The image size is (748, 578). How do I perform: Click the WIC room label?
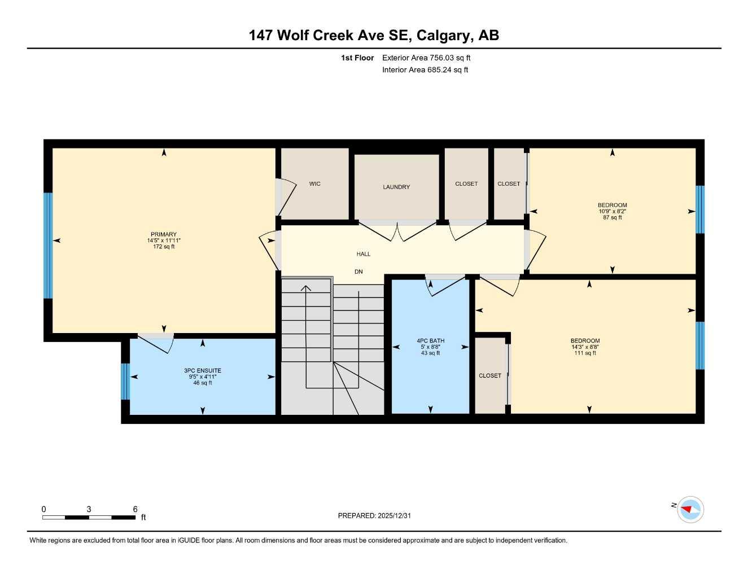(314, 184)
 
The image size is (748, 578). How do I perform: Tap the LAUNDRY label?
(396, 187)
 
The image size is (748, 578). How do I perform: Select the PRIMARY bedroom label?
(164, 234)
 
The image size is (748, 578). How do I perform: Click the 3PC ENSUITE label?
(203, 371)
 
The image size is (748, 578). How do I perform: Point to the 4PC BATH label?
(430, 341)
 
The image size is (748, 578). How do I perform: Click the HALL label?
(364, 254)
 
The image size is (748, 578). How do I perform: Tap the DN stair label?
(358, 272)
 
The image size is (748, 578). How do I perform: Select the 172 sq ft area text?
(164, 247)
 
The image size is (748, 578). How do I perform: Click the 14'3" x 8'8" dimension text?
(585, 347)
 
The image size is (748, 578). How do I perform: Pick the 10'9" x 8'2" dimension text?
(613, 212)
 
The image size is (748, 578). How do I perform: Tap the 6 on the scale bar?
(135, 509)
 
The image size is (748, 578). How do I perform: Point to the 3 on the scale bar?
(89, 509)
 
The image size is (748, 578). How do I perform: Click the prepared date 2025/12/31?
(394, 515)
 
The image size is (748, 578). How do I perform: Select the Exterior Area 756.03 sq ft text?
(426, 58)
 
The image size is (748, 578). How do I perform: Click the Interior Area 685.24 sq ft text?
(425, 70)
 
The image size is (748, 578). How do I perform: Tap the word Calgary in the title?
(443, 36)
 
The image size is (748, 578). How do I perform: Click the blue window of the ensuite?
(126, 381)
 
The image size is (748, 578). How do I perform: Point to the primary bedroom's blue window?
(48, 246)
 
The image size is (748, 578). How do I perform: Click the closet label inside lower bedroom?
(490, 376)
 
